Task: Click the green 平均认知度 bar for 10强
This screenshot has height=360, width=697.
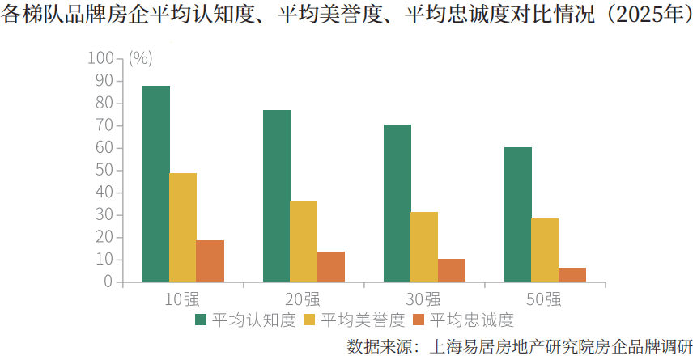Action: tap(155, 184)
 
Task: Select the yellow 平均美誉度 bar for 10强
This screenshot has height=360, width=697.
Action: tap(183, 227)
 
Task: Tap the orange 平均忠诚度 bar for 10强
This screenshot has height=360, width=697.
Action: tap(210, 261)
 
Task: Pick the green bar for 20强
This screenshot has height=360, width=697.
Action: tap(276, 196)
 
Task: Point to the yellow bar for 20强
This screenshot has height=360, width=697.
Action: tap(304, 241)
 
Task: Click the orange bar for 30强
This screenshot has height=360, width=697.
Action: tap(452, 270)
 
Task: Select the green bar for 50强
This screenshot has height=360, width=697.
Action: tap(517, 214)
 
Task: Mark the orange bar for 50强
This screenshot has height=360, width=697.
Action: tap(572, 274)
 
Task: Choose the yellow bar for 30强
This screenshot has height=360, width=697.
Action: tap(424, 247)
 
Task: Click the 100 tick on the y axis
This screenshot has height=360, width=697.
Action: tap(101, 58)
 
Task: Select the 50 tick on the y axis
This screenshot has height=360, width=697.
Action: tap(104, 170)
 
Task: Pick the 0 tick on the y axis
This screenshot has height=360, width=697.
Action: tap(108, 282)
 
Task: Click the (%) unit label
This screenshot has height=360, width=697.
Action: tap(140, 58)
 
